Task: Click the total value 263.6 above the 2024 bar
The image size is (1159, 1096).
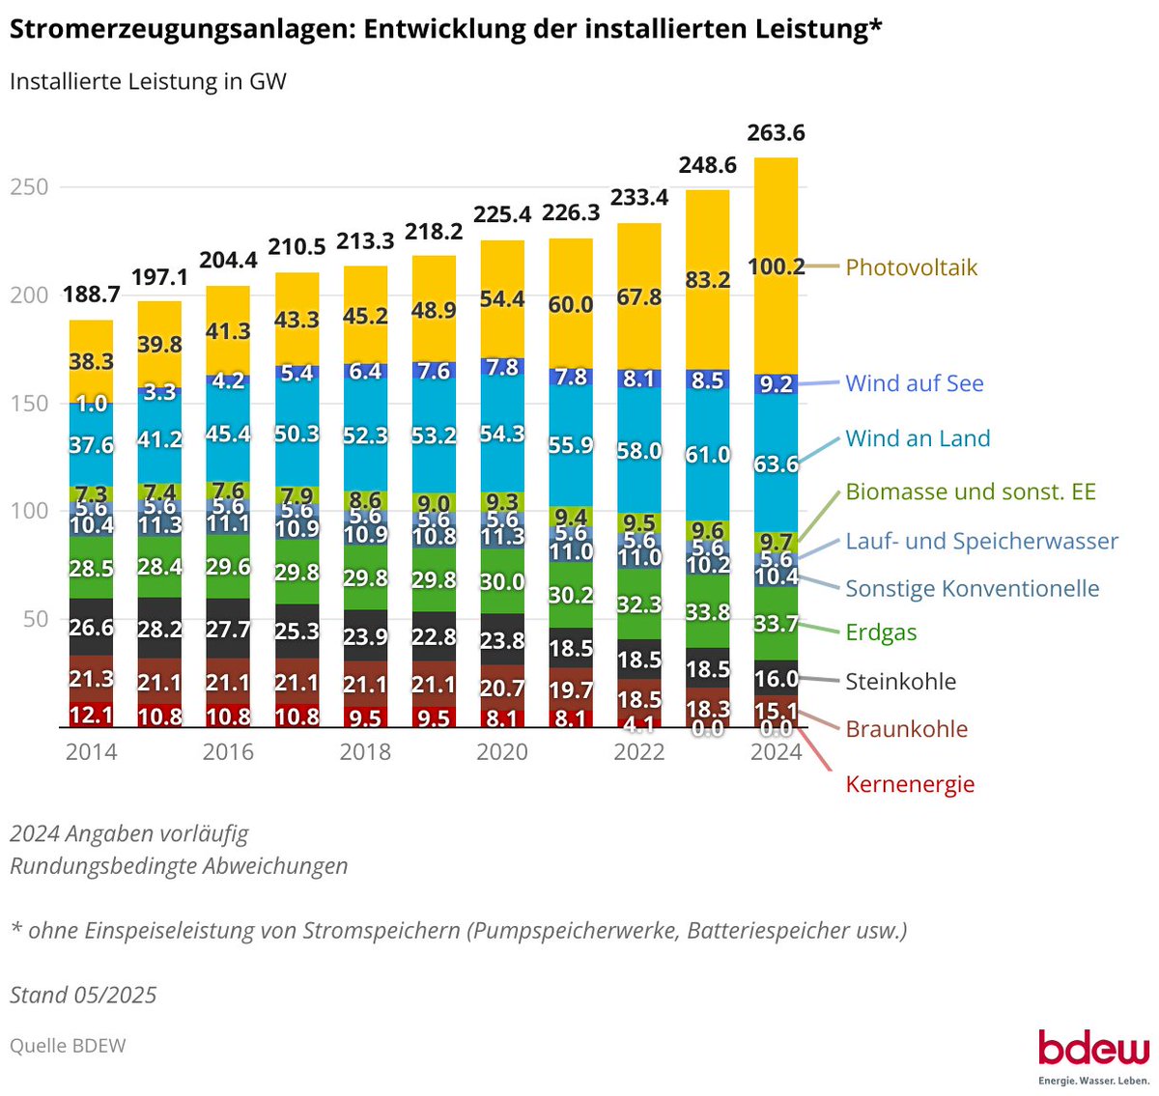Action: (x=776, y=133)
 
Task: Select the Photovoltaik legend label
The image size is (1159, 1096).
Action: (x=911, y=267)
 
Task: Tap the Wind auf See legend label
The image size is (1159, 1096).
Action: (x=914, y=383)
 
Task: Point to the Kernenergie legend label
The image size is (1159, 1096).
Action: (x=910, y=784)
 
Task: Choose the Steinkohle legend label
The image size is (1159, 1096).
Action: (x=900, y=681)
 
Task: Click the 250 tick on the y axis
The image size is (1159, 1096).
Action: (x=29, y=187)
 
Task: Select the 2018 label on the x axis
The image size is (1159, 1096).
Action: (x=365, y=752)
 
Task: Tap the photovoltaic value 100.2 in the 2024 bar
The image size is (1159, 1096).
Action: (x=776, y=267)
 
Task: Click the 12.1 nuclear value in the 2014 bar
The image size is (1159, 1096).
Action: (x=91, y=716)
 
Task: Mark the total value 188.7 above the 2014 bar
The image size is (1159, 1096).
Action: (x=91, y=295)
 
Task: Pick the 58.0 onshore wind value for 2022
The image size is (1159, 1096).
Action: (x=638, y=451)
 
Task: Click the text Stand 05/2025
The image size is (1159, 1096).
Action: (x=83, y=995)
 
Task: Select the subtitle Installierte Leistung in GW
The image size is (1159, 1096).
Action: (x=148, y=81)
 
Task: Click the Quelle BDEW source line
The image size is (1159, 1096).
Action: (x=68, y=1046)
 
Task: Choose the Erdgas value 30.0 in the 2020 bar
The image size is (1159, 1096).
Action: (x=502, y=581)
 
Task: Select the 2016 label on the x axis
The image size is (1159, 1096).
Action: (x=228, y=752)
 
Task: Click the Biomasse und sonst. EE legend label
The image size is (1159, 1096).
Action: (x=970, y=492)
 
